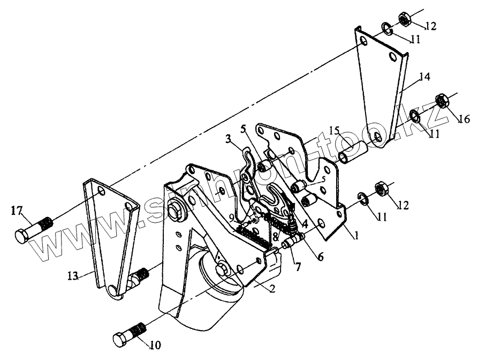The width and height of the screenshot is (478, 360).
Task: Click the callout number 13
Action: coord(73,276)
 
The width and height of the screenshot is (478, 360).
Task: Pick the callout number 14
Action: coord(424,77)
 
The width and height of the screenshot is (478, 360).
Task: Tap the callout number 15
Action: coord(335,130)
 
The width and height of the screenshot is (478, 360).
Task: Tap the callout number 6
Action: coord(320,257)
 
